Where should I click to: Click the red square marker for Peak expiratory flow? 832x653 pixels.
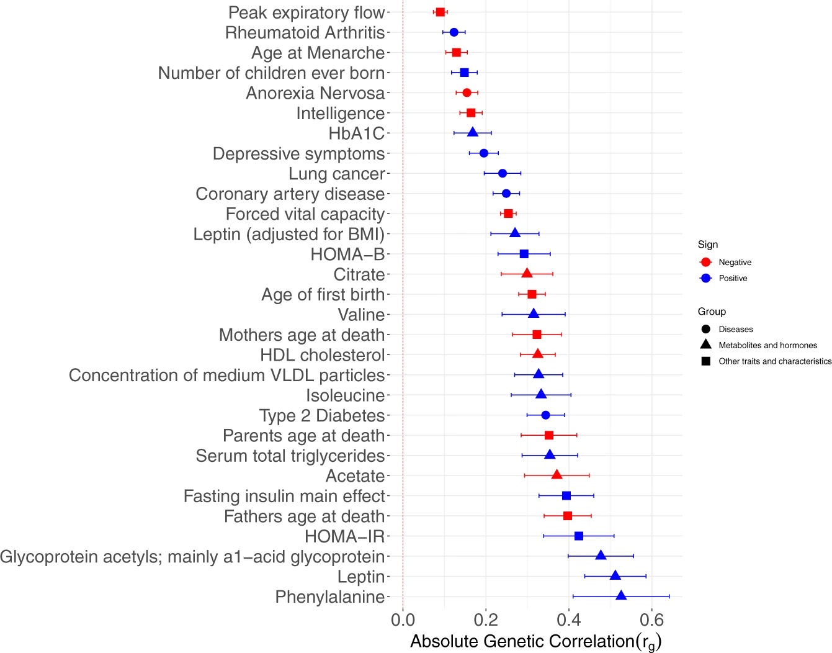(441, 12)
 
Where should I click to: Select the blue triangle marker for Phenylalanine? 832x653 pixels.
(621, 596)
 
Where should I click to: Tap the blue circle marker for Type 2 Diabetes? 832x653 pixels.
(545, 415)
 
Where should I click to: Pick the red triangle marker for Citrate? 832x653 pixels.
(527, 274)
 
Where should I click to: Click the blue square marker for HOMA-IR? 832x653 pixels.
(579, 536)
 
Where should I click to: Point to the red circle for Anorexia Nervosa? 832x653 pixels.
(467, 92)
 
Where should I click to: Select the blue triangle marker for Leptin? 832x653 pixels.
(615, 576)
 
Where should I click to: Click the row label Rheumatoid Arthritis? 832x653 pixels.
(305, 33)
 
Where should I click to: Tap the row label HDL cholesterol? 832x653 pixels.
(323, 355)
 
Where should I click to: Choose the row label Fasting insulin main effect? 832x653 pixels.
(284, 497)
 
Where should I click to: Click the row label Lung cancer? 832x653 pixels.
(337, 174)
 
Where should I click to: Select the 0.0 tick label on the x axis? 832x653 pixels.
(403, 619)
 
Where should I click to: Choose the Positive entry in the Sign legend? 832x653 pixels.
(733, 279)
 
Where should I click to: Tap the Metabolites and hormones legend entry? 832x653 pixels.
(767, 345)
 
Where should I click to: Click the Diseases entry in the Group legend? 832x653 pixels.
(736, 330)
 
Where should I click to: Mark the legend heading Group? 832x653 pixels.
(712, 312)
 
